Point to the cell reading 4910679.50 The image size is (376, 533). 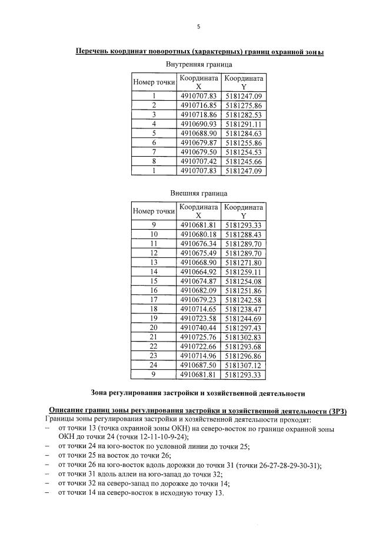[199, 152]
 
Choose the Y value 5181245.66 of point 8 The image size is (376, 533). [243, 161]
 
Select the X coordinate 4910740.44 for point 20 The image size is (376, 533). [199, 327]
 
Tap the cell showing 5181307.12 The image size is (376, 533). [243, 365]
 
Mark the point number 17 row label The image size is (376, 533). [154, 299]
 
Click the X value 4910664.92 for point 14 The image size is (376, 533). [199, 271]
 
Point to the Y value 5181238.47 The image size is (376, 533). [243, 309]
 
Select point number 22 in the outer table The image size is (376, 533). [154, 346]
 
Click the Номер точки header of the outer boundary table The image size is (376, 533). [154, 210]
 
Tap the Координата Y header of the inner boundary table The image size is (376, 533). [243, 82]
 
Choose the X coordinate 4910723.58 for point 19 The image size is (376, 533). [199, 318]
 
